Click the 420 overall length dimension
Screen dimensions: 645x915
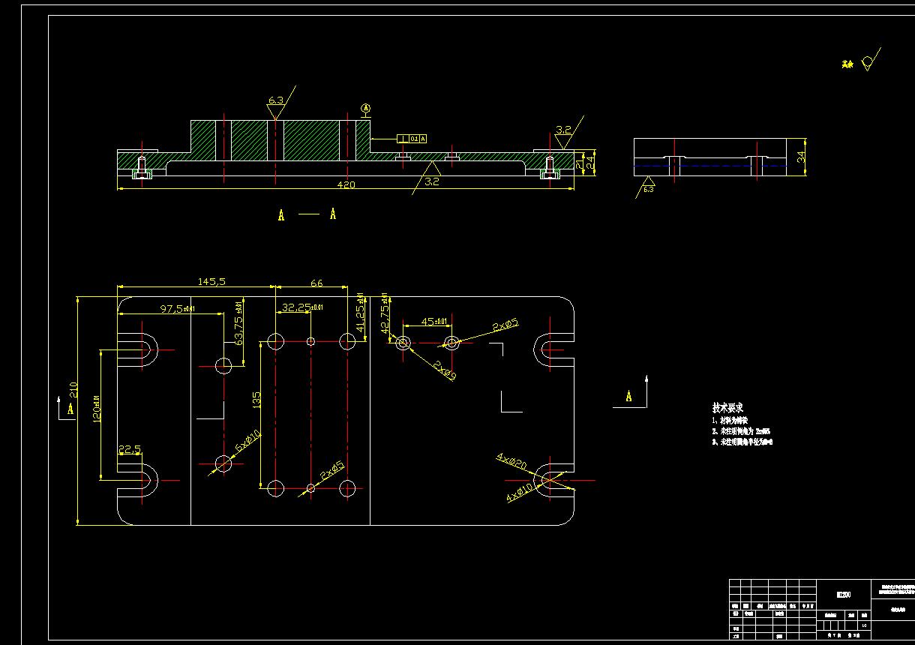click(346, 184)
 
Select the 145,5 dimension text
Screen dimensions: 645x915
click(211, 281)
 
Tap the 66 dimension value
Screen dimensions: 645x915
click(316, 283)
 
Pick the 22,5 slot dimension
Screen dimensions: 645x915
click(129, 449)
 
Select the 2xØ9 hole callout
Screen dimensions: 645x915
click(443, 370)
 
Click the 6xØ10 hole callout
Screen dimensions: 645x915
click(247, 441)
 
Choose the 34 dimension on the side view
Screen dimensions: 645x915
click(801, 157)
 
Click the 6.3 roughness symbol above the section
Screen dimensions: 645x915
click(275, 100)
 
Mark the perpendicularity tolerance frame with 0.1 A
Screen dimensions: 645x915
click(412, 139)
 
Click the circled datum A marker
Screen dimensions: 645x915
click(366, 109)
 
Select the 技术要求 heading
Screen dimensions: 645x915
click(727, 407)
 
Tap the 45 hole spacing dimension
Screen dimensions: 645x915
click(433, 322)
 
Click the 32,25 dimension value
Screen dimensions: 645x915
click(301, 307)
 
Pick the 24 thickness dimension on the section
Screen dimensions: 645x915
click(591, 160)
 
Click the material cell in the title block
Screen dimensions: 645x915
click(844, 594)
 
